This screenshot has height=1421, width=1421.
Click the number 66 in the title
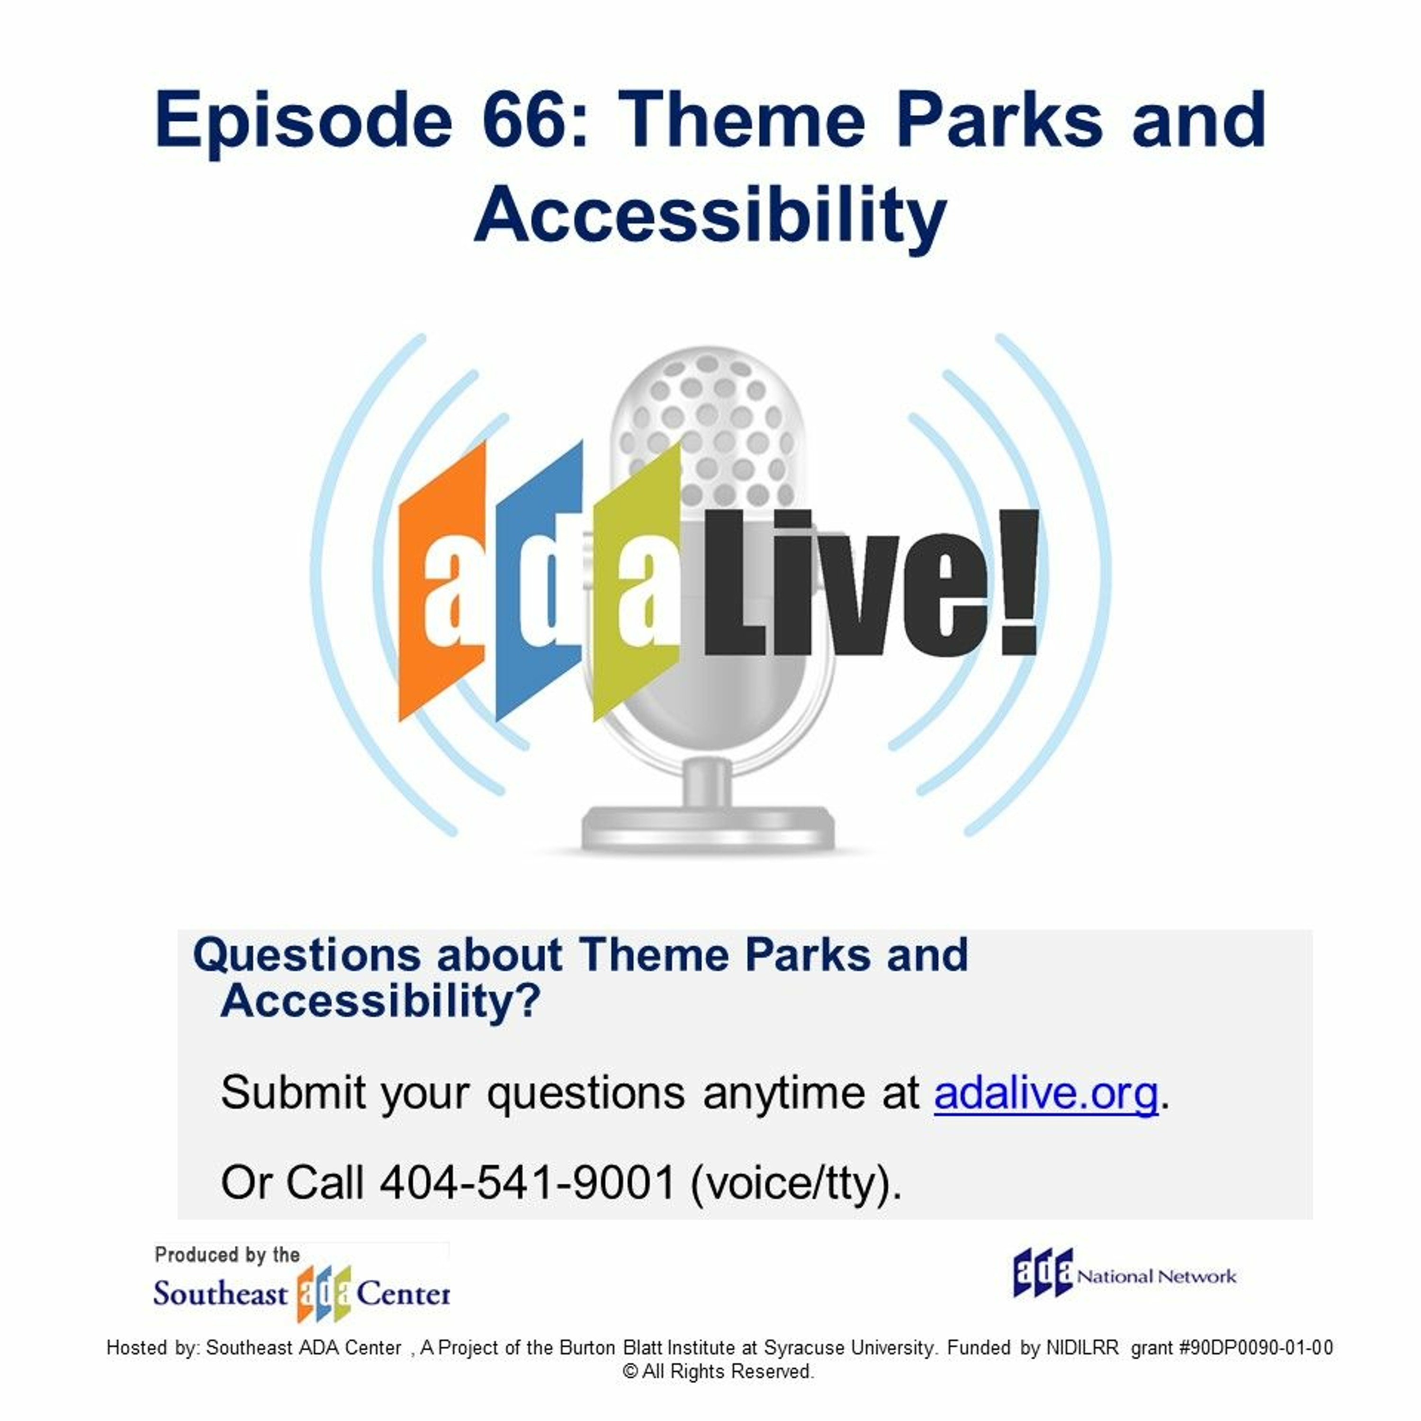pos(535,120)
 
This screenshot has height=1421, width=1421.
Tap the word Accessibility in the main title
pos(710,216)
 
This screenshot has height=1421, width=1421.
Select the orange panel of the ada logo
pos(441,581)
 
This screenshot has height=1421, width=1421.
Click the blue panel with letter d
pos(539,581)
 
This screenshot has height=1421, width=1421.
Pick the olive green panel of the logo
pos(637,581)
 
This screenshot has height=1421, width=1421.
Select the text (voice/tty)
pos(796,1184)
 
